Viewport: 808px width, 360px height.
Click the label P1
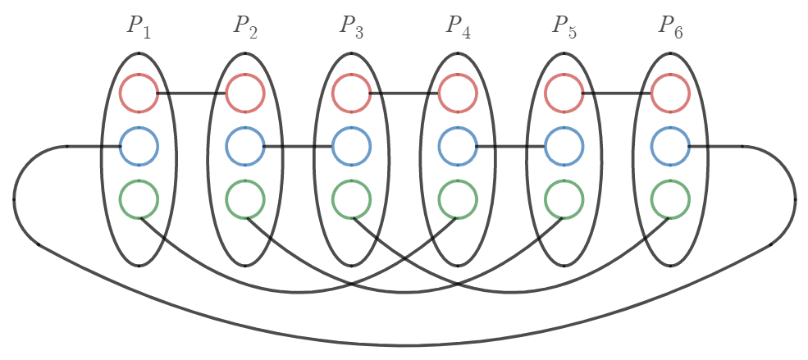click(x=138, y=26)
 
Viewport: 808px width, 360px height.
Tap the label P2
click(x=244, y=26)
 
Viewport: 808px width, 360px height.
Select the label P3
click(x=351, y=26)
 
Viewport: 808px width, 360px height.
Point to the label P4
click(x=458, y=26)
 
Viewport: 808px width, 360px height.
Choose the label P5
click(x=564, y=26)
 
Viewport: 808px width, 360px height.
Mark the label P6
click(x=670, y=26)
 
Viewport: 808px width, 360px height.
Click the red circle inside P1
click(x=139, y=93)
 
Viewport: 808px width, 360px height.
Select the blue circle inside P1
click(x=139, y=147)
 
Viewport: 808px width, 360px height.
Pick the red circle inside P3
click(x=351, y=93)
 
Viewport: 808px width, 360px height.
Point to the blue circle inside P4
click(x=458, y=147)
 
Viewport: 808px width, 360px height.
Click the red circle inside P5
click(x=564, y=93)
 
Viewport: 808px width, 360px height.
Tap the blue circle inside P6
click(x=670, y=147)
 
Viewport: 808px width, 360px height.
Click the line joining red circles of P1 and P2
click(x=192, y=93)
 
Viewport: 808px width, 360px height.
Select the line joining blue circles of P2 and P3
click(x=298, y=147)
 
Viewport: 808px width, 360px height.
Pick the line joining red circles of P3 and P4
click(x=404, y=93)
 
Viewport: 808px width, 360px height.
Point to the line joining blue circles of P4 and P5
click(x=511, y=147)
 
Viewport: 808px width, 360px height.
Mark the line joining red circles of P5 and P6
click(x=617, y=93)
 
